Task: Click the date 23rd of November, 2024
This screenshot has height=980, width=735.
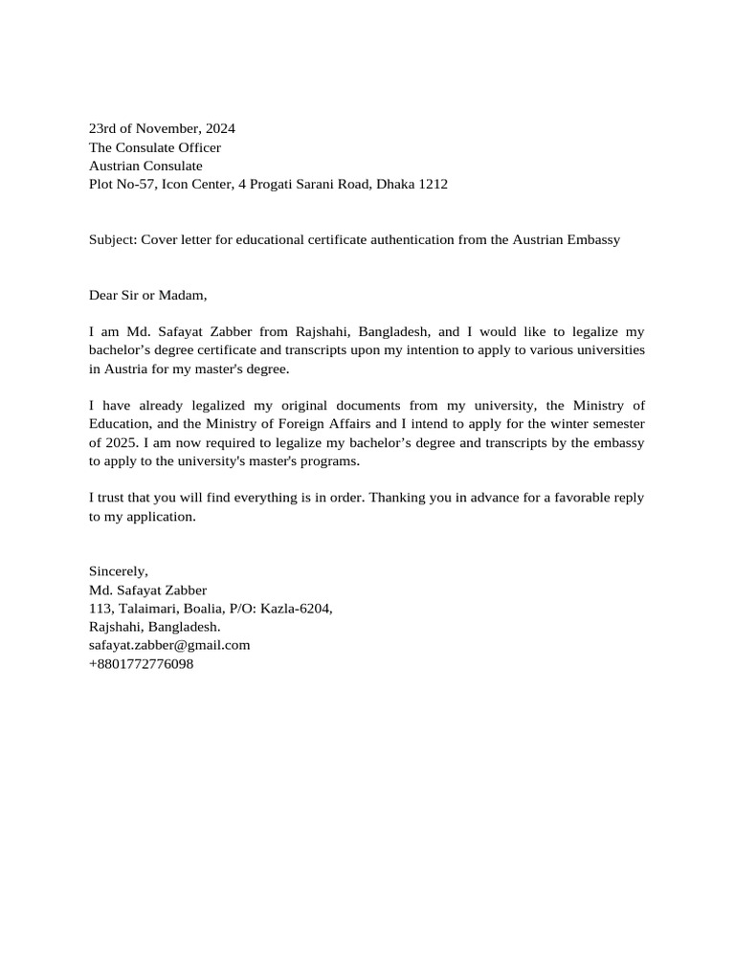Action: click(162, 128)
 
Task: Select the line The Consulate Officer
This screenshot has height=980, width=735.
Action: click(155, 147)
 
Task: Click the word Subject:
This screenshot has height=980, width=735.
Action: click(113, 239)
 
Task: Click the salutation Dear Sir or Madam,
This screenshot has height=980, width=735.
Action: click(148, 295)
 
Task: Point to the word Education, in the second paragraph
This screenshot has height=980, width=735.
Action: click(123, 424)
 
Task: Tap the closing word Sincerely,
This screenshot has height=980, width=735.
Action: click(119, 571)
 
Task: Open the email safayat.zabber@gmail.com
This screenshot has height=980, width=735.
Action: click(169, 645)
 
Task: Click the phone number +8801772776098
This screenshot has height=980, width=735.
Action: click(141, 663)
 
